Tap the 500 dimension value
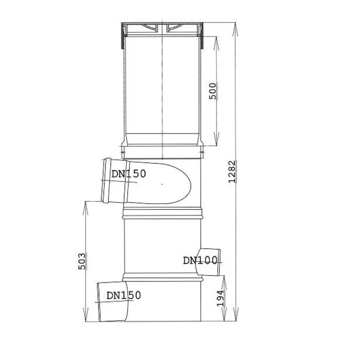tap(212, 90)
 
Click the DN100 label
tap(200, 259)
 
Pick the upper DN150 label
tap(128, 174)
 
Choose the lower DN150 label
tap(124, 295)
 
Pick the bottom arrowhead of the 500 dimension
tap(215, 138)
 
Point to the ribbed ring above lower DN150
tap(161, 276)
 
